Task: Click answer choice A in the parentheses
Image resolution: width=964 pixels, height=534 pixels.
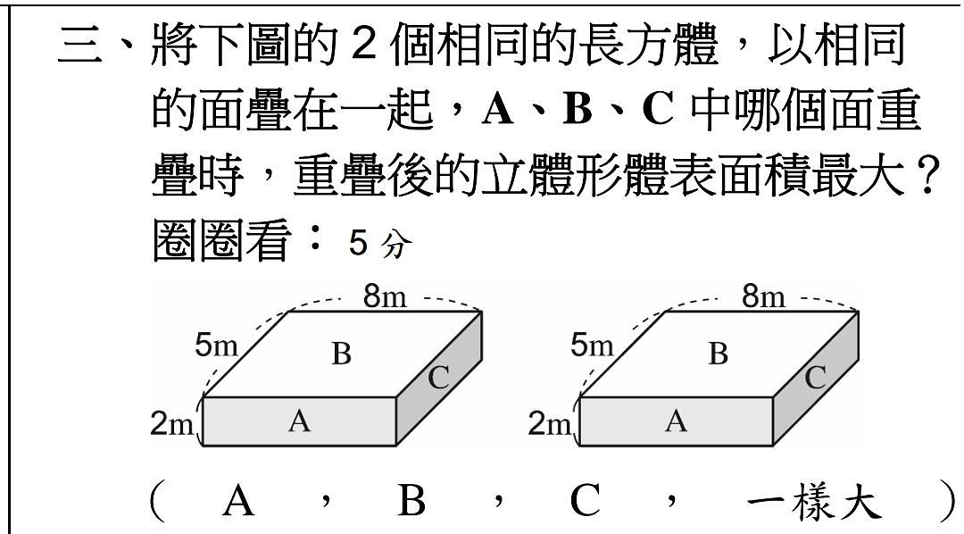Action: pos(238,500)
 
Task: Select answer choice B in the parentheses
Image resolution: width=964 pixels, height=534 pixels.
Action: pos(411,500)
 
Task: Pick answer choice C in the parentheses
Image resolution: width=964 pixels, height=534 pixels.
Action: pos(586,500)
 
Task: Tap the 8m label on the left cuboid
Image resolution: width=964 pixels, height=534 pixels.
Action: pos(385,296)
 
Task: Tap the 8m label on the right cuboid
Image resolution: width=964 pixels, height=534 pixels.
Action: pos(763,296)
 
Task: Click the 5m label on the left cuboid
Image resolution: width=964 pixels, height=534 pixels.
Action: pos(216,345)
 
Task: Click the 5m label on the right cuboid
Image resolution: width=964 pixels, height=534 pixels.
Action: pos(592,345)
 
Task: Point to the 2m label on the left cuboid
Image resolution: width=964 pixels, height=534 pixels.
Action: pos(171,424)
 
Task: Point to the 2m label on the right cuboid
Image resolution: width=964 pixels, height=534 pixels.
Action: pos(549,424)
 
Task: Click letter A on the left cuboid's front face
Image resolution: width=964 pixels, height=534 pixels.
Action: pos(299,421)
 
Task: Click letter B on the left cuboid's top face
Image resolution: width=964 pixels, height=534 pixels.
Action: pos(341,355)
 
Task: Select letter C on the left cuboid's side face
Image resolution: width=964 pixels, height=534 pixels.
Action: pos(438,377)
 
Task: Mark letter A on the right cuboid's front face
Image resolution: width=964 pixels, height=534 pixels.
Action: pos(676,421)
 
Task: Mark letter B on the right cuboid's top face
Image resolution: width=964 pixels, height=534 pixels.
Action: pos(718,355)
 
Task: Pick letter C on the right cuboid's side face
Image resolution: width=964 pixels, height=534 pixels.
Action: pos(815,377)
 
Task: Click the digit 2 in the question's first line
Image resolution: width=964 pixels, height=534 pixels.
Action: pos(364,45)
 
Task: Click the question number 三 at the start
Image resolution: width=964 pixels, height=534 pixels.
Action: pos(80,46)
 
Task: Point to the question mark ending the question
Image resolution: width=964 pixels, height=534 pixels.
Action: pos(929,176)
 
